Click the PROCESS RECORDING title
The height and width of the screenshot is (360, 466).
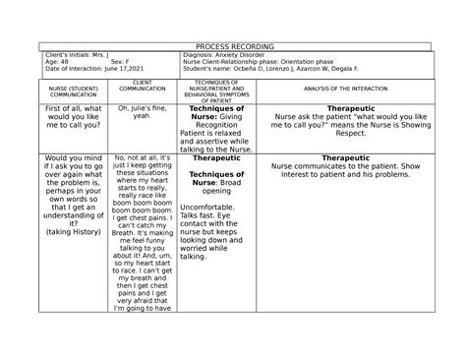click(x=234, y=46)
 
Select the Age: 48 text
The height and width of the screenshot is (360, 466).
click(x=50, y=64)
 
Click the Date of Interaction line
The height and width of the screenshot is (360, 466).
click(x=86, y=72)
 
